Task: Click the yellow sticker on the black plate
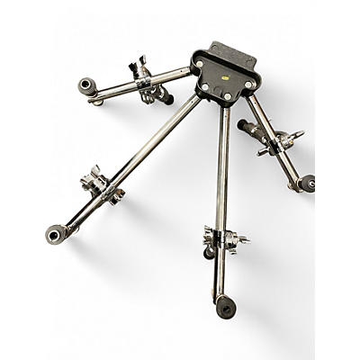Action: point(223,79)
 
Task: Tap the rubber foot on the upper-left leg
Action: point(87,87)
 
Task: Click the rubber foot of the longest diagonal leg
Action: point(56,235)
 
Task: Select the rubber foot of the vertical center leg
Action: point(224,306)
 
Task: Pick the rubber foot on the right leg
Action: point(307,184)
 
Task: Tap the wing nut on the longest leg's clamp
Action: point(94,174)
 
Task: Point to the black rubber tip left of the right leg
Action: point(244,126)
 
